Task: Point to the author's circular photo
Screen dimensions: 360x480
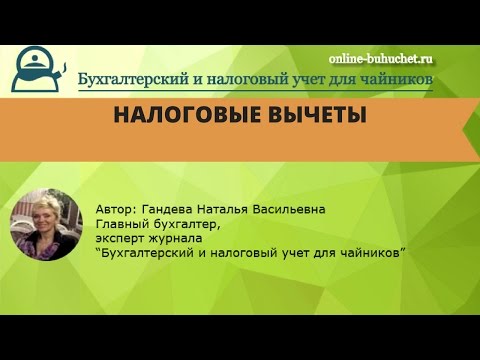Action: pos(45,225)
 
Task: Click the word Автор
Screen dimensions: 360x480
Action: pos(116,209)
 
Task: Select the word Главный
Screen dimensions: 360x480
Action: pos(123,225)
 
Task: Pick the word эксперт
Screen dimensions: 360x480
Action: pos(122,240)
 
